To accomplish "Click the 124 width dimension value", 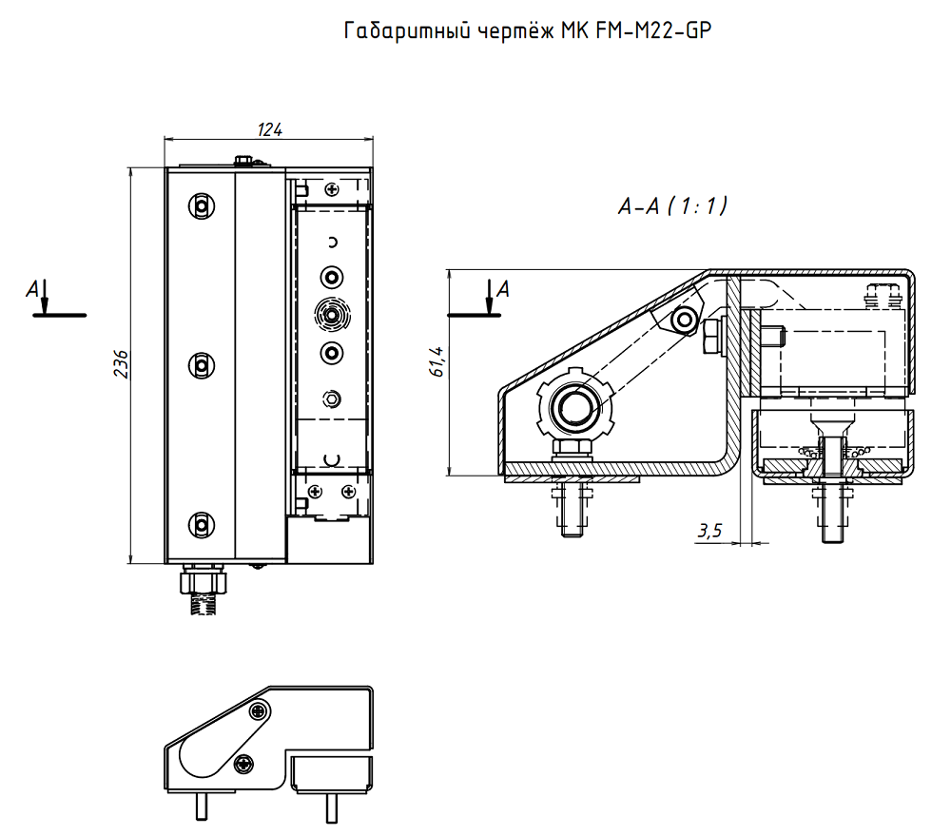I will click(270, 129).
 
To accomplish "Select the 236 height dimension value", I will click(121, 364).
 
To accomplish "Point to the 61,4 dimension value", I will click(437, 364).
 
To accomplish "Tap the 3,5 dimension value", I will click(709, 532).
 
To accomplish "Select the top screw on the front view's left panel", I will click(201, 205).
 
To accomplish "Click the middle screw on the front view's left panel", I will click(201, 364).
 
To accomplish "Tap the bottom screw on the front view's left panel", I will click(201, 524).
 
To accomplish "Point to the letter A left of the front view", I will click(33, 286).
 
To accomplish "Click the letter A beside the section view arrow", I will click(503, 288).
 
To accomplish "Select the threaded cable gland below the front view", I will click(204, 589).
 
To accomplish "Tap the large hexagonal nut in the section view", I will click(573, 408).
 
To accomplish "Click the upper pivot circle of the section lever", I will click(682, 321).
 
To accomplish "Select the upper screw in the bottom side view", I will click(259, 710).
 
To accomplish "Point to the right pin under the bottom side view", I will click(331, 807).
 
